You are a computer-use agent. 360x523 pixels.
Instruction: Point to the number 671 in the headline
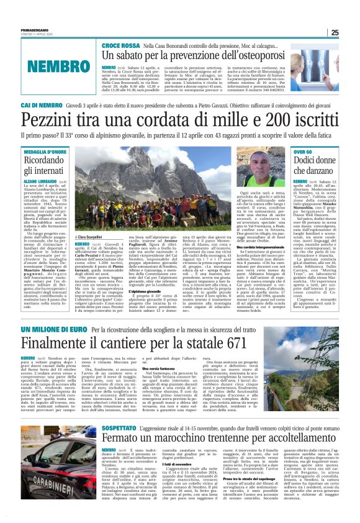pyautogui.click(x=229, y=343)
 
